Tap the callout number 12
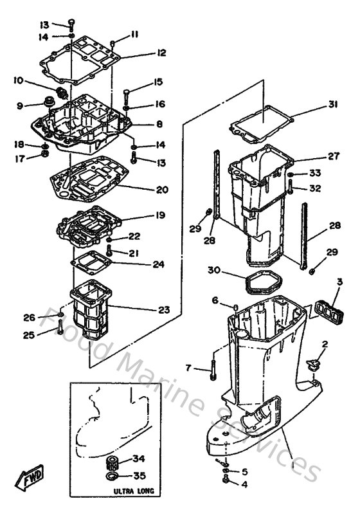[161, 53]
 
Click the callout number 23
[163, 310]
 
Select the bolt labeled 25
[60, 329]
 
